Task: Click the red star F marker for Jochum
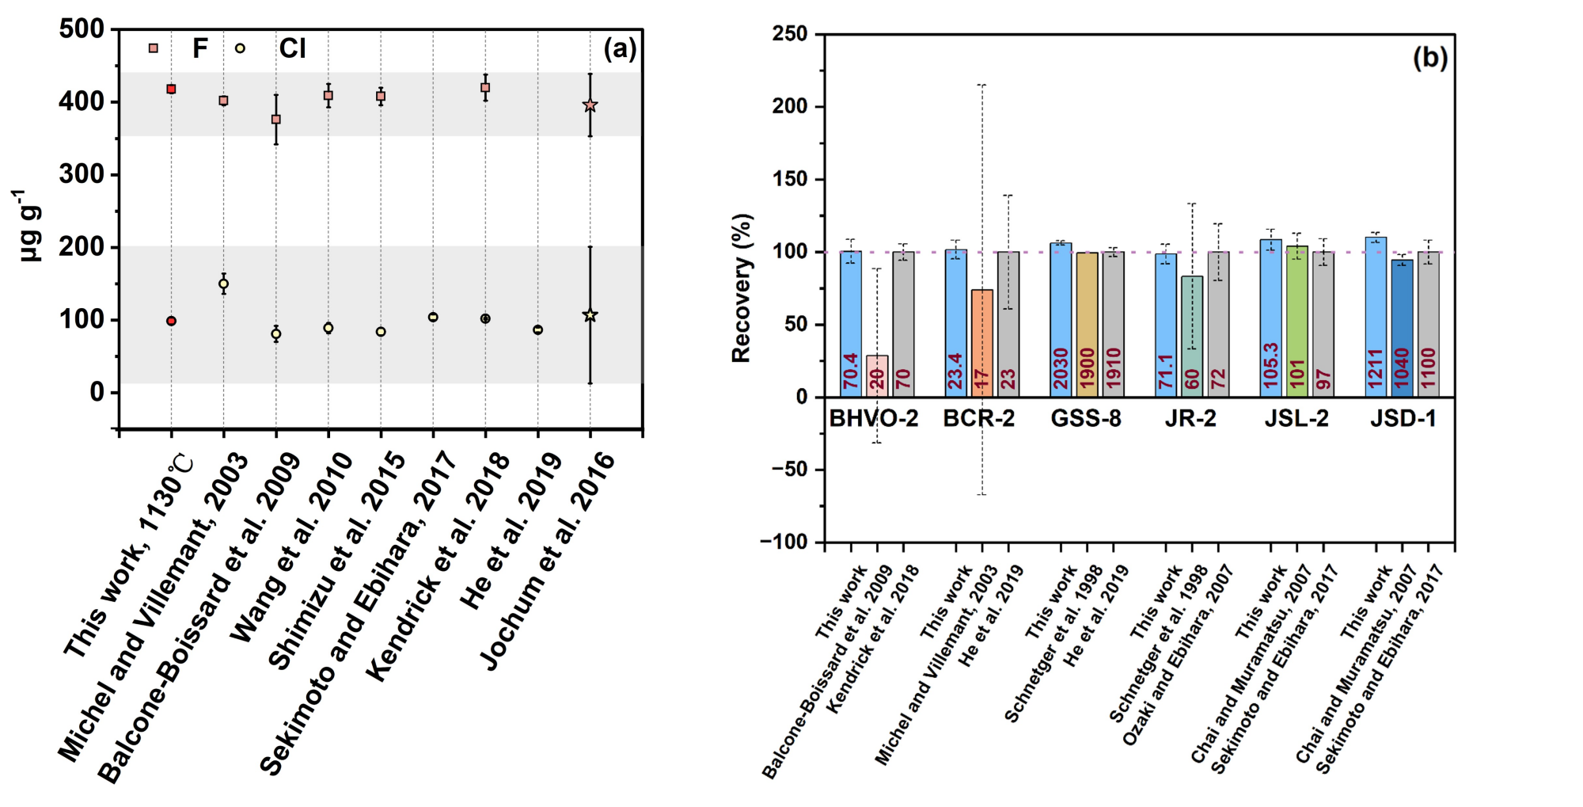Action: (590, 105)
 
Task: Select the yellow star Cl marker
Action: (590, 315)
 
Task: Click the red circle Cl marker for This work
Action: (171, 321)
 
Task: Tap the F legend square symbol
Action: (154, 48)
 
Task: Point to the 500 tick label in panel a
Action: (82, 29)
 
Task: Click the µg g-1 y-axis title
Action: (29, 225)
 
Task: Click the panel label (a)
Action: (620, 49)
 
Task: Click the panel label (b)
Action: (1430, 58)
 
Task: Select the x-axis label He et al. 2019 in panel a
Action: (512, 531)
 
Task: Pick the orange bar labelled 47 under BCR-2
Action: (982, 343)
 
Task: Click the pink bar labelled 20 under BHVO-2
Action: (877, 375)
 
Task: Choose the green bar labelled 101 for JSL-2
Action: (1296, 321)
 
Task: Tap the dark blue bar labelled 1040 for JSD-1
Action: (1402, 328)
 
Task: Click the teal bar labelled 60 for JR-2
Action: (1192, 336)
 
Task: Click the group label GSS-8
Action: (1086, 418)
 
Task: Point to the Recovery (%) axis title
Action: (741, 288)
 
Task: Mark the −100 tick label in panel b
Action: (784, 542)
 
